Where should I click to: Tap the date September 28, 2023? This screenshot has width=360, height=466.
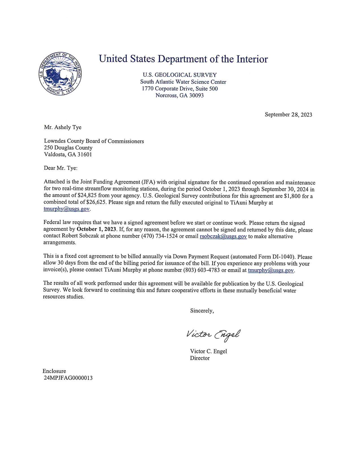pyautogui.click(x=288, y=114)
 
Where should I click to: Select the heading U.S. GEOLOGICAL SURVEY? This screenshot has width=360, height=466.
pyautogui.click(x=180, y=75)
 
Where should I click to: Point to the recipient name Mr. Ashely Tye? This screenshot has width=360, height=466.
pyautogui.click(x=63, y=127)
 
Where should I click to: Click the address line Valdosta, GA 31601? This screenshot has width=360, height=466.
pyautogui.click(x=68, y=154)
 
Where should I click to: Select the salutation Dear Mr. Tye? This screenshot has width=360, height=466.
pyautogui.click(x=60, y=168)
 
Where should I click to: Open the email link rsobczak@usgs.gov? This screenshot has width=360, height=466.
pyautogui.click(x=223, y=236)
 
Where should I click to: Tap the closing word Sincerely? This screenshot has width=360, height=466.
pyautogui.click(x=202, y=311)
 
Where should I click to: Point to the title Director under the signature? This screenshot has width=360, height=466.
pyautogui.click(x=200, y=358)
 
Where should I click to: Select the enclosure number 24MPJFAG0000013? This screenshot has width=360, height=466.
pyautogui.click(x=68, y=378)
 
